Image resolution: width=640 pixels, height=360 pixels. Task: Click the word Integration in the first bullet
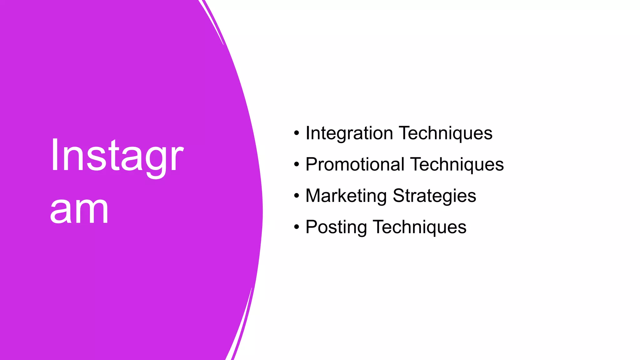click(349, 133)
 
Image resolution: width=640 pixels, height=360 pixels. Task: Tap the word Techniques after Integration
click(446, 133)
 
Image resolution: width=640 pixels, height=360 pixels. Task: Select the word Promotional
click(355, 165)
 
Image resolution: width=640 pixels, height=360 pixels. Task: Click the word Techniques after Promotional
click(457, 165)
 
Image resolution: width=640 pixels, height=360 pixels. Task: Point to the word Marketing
click(346, 196)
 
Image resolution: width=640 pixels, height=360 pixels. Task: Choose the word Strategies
click(434, 196)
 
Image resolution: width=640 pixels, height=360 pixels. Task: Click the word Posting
click(336, 227)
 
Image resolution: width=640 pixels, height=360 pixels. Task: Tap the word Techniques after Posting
click(420, 227)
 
